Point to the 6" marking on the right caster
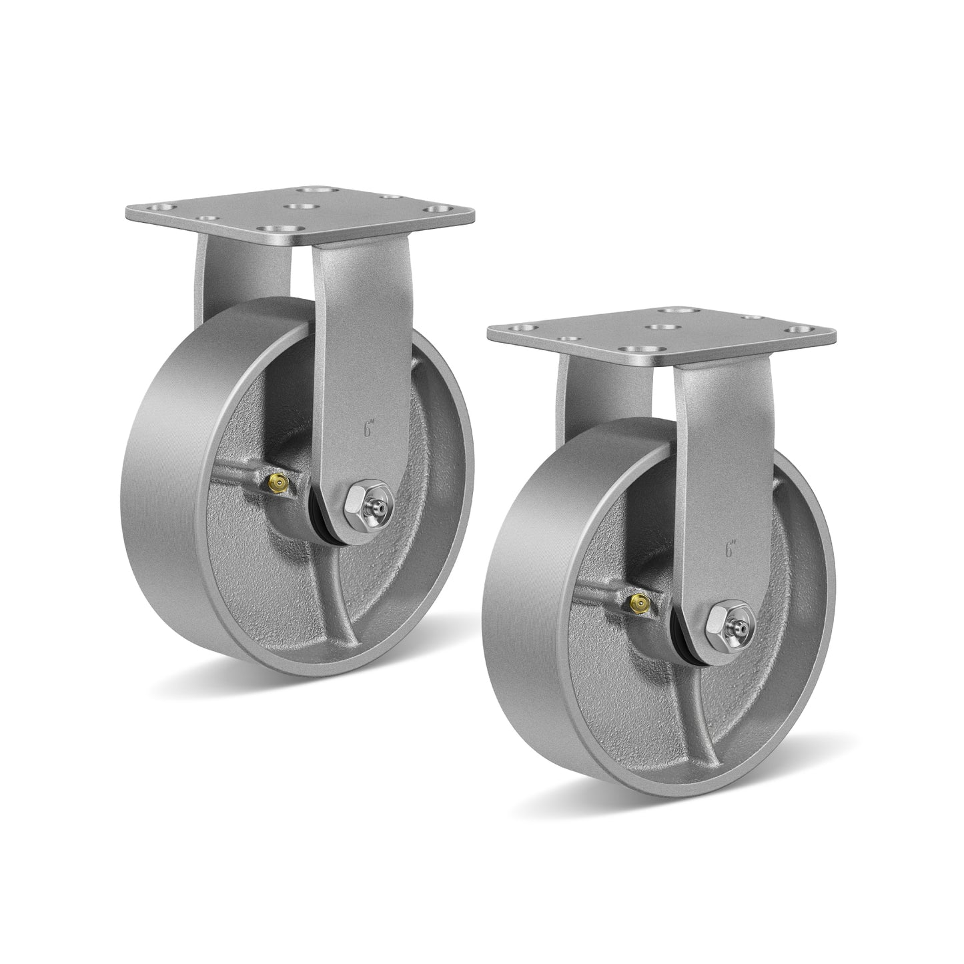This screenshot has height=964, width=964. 729,550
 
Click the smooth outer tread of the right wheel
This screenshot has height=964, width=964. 534,600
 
